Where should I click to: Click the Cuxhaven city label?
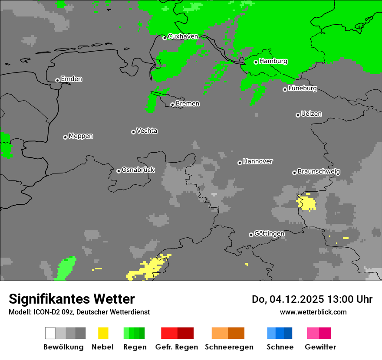click(x=183, y=37)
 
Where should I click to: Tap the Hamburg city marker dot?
click(x=256, y=62)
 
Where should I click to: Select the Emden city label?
click(x=71, y=79)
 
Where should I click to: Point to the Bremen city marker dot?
click(x=172, y=105)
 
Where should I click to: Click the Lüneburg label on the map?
click(x=303, y=88)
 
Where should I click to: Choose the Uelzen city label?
click(x=311, y=114)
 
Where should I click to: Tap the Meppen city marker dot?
click(x=65, y=137)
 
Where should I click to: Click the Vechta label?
click(x=147, y=131)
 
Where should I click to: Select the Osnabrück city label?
click(x=138, y=170)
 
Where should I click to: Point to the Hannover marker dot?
click(x=240, y=163)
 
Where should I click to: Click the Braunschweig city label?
click(x=319, y=171)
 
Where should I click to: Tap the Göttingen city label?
click(x=269, y=233)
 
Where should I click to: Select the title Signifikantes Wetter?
click(x=72, y=299)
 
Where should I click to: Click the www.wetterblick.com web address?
click(x=313, y=312)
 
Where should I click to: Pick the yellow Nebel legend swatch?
click(x=103, y=333)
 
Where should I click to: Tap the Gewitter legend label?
click(x=320, y=347)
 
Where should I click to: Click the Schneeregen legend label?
click(x=229, y=347)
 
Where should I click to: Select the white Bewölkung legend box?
click(x=50, y=333)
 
